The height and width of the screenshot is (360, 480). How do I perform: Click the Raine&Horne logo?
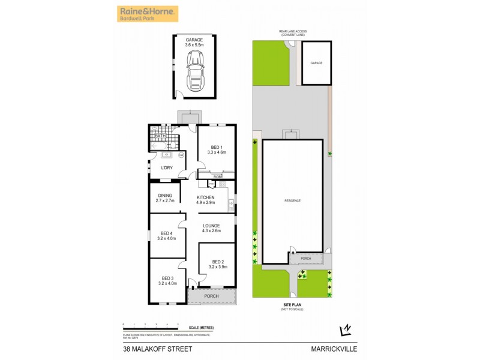(x=147, y=14)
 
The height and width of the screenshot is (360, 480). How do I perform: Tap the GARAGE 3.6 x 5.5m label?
(x=194, y=42)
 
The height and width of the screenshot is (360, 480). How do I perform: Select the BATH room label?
(x=160, y=136)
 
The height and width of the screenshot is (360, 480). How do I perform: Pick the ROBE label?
(x=218, y=177)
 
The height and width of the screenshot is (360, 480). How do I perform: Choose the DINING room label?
(x=165, y=198)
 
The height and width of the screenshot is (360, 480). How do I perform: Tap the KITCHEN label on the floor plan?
(x=205, y=200)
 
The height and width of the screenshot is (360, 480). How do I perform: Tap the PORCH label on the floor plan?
(x=211, y=296)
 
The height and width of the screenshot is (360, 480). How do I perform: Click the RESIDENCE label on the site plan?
(x=293, y=200)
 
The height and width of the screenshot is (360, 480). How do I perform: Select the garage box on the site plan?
(x=316, y=64)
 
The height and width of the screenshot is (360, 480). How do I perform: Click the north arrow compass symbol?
(x=344, y=329)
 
